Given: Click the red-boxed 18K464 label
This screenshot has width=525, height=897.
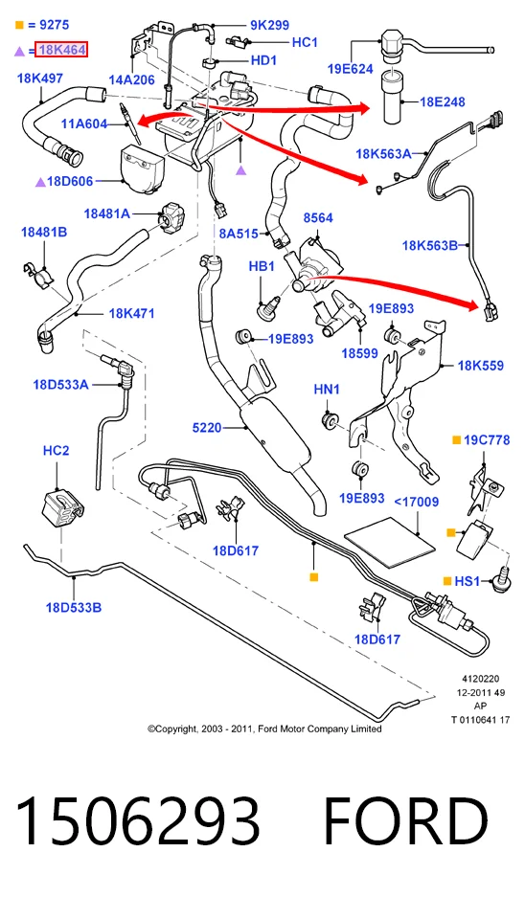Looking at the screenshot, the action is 61,50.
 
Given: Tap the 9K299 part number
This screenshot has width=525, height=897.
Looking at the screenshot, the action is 269,25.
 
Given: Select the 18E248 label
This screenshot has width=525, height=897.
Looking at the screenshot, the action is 443,101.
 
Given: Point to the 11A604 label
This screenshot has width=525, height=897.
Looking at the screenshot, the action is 84,123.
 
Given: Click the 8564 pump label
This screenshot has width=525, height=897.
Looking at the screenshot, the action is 318,218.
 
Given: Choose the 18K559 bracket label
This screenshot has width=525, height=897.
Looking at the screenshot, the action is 480,365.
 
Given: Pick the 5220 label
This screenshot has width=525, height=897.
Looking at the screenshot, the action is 207,427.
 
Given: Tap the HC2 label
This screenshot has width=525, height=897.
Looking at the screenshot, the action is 57,451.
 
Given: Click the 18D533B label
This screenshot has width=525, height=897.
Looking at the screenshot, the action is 73,608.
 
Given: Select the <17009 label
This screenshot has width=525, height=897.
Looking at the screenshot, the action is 416,502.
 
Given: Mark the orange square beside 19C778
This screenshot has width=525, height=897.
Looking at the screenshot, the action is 456,440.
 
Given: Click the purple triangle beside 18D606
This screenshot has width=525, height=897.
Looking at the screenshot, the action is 40,183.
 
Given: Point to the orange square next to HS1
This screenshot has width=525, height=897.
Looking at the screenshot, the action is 447,581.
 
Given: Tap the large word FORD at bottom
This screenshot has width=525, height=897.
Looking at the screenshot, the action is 405,821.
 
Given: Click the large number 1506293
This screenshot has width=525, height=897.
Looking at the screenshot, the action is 138,821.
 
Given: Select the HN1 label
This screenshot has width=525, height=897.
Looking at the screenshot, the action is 327,390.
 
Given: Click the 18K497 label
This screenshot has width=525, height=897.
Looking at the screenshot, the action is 40,78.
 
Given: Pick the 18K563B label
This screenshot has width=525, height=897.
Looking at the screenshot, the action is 430,246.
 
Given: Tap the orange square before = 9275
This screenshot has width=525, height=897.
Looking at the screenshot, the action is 19,25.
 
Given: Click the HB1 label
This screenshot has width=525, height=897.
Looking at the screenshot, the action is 262,266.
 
